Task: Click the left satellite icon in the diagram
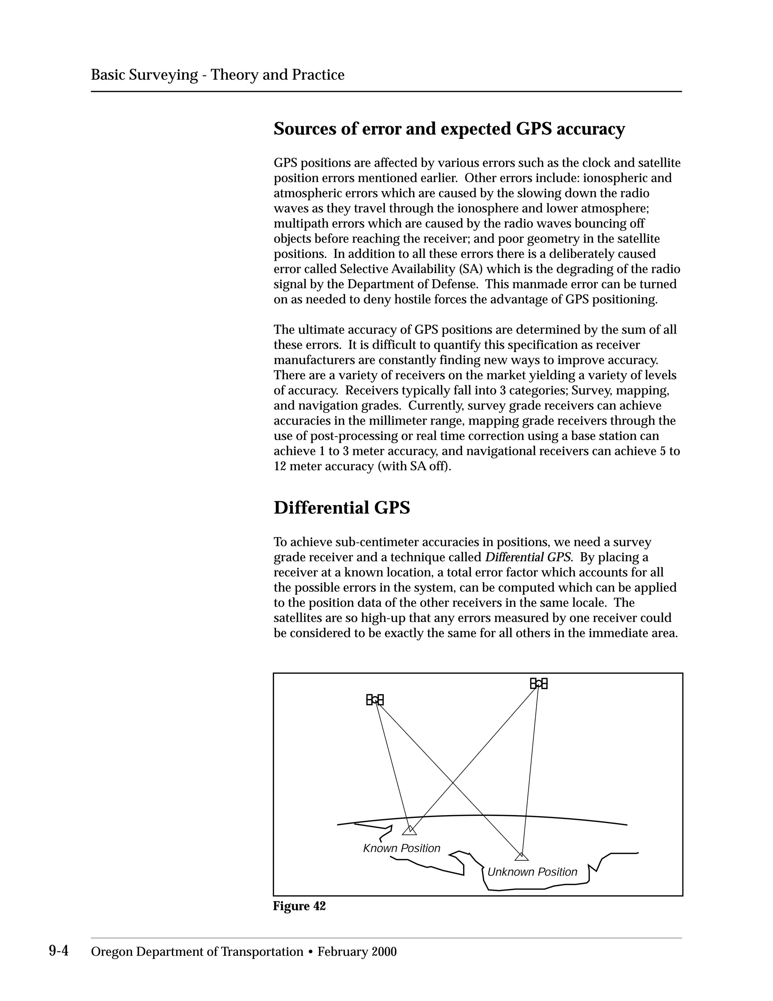[x=374, y=700]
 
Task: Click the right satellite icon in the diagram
[x=539, y=684]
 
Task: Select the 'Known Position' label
[x=402, y=848]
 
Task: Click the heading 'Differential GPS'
[x=342, y=508]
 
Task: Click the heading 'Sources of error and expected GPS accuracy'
[x=449, y=129]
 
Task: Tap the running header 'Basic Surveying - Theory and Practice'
[x=217, y=75]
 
